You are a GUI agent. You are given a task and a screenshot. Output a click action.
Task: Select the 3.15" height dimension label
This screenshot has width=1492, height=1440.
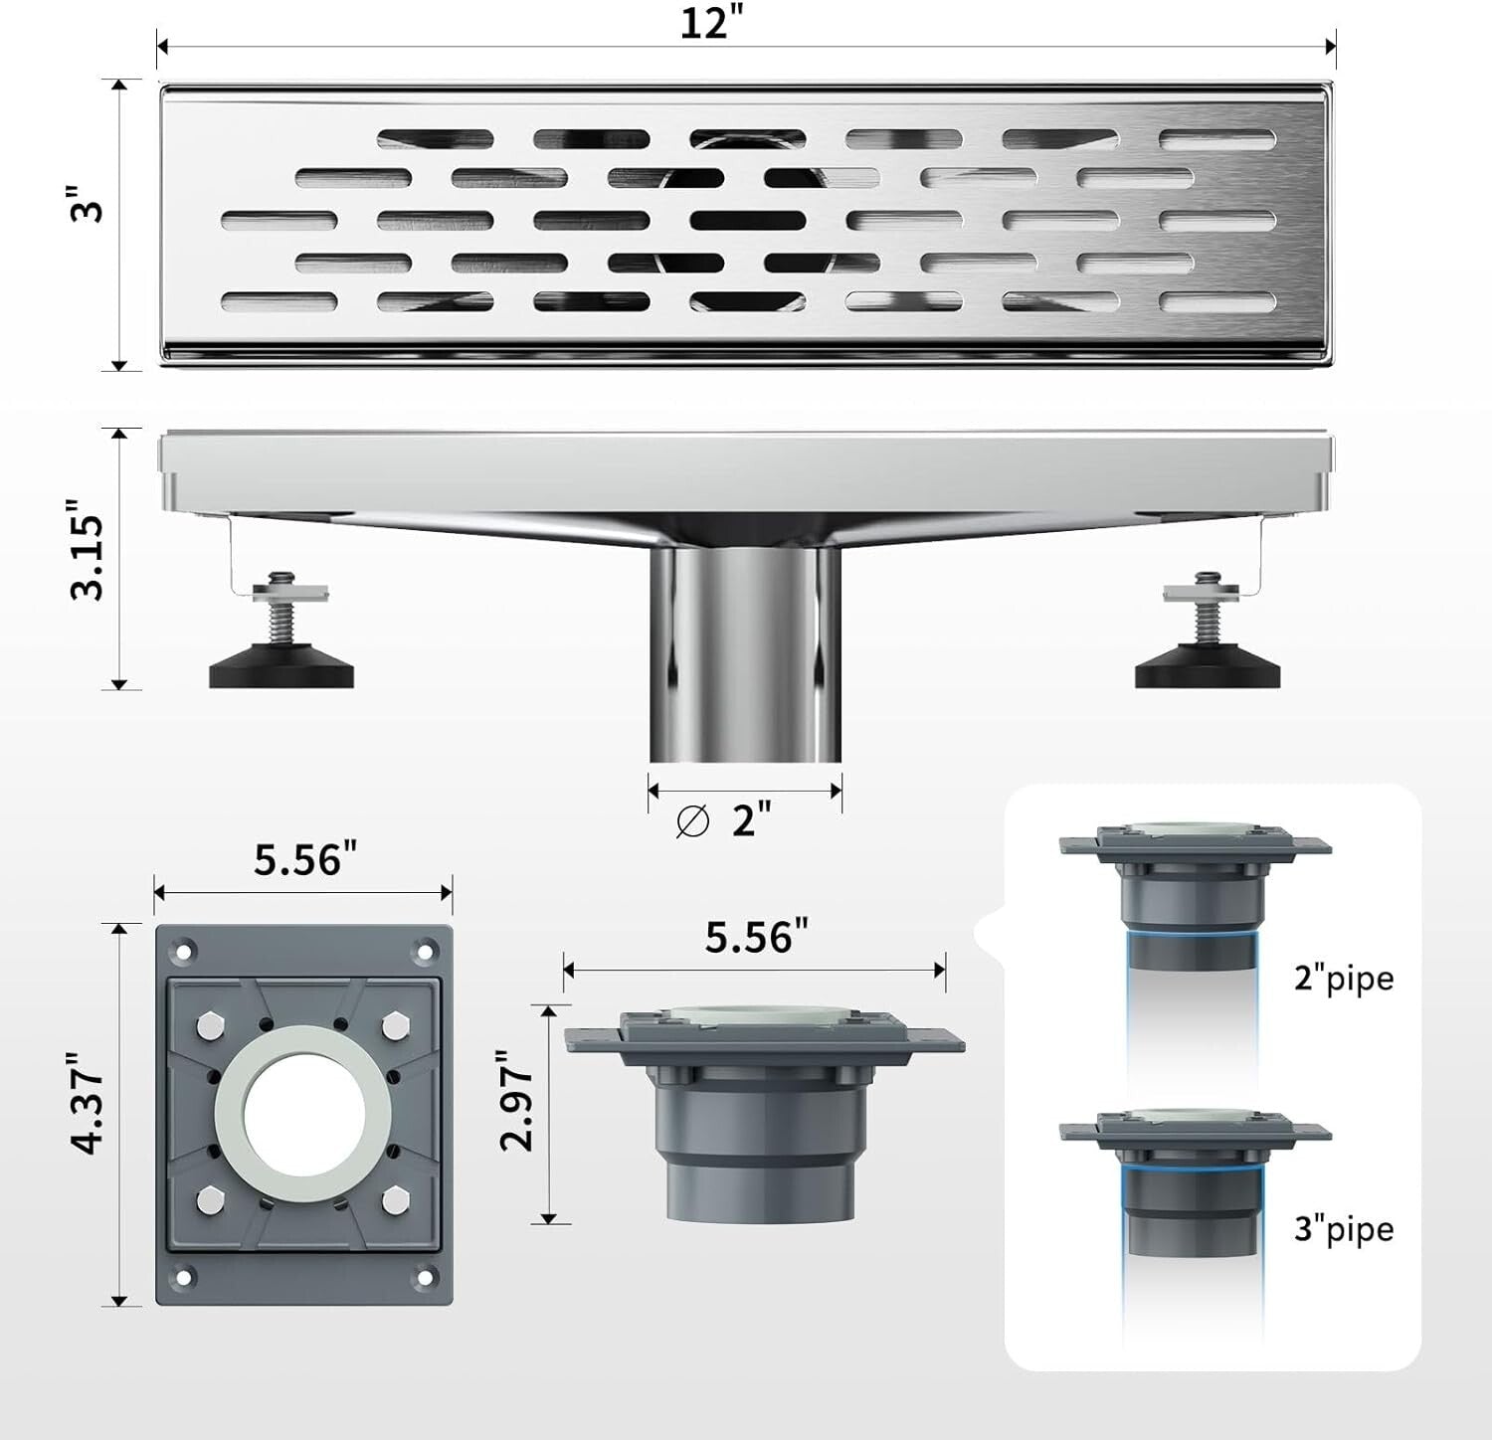(x=88, y=557)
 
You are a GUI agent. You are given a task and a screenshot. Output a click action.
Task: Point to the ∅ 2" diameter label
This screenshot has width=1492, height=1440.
(x=723, y=821)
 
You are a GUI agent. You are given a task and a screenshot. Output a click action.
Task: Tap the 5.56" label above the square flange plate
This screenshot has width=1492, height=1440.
(x=304, y=859)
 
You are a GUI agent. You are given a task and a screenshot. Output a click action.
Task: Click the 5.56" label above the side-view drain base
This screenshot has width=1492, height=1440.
(x=756, y=937)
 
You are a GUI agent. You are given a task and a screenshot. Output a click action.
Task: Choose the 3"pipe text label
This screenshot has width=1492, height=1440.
(x=1343, y=1229)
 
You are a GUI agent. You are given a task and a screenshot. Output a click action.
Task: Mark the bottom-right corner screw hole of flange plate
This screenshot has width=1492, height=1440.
(x=426, y=1277)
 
